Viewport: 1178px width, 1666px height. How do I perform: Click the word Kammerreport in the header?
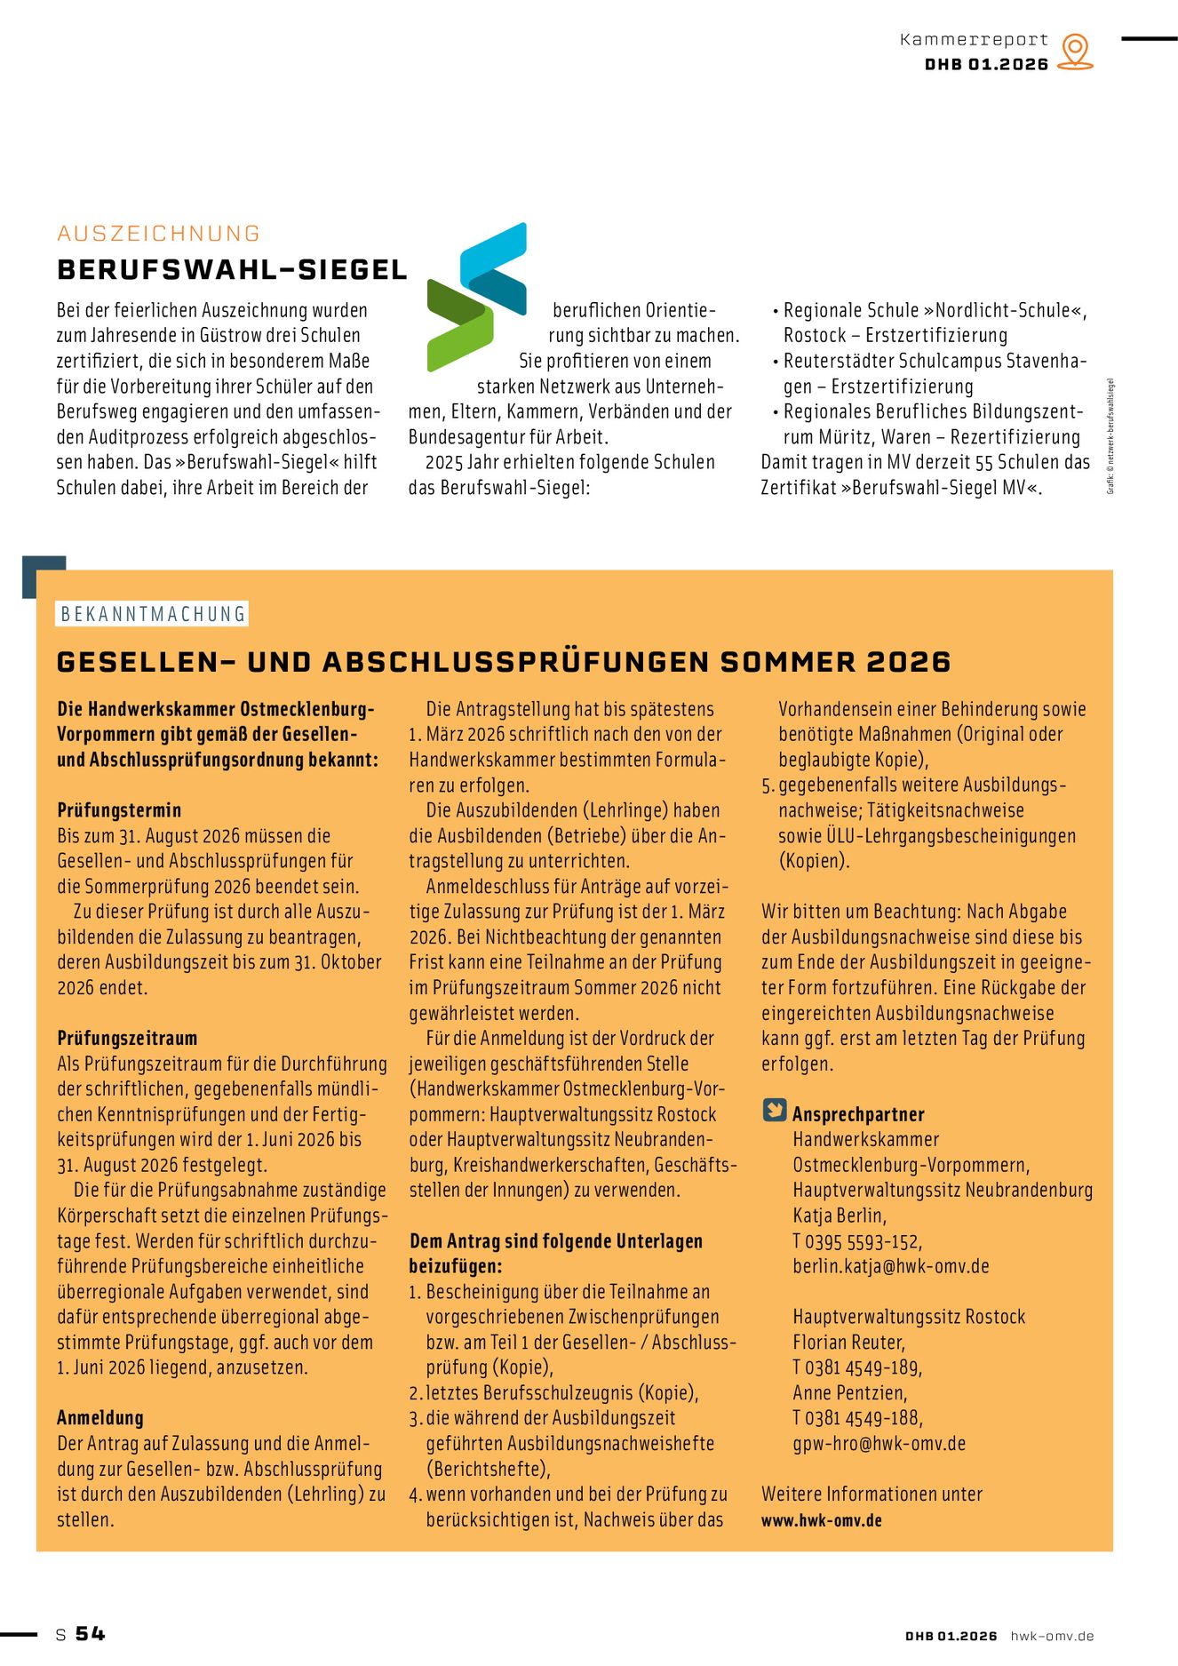pyautogui.click(x=974, y=39)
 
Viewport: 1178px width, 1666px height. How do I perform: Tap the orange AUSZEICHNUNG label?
pyautogui.click(x=158, y=234)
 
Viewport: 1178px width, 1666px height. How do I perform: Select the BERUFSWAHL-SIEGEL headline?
pyautogui.click(x=232, y=270)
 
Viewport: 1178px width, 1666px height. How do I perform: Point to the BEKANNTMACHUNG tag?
pyautogui.click(x=152, y=614)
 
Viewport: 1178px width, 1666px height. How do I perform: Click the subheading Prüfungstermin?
pyautogui.click(x=119, y=810)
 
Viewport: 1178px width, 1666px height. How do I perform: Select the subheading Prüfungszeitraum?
pyautogui.click(x=127, y=1038)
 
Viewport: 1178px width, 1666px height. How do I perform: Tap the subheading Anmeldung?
pyautogui.click(x=100, y=1418)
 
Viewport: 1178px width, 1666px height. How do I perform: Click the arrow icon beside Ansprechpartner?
pyautogui.click(x=775, y=1111)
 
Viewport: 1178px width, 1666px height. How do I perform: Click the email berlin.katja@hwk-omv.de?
pyautogui.click(x=890, y=1266)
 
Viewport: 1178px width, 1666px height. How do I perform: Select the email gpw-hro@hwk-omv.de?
pyautogui.click(x=879, y=1444)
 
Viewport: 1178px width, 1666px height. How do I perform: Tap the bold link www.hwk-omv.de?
pyautogui.click(x=821, y=1520)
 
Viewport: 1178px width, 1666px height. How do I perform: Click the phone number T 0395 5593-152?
pyautogui.click(x=857, y=1241)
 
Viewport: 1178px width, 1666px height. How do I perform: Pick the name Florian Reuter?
pyautogui.click(x=848, y=1343)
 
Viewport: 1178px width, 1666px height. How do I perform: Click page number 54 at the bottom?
pyautogui.click(x=90, y=1633)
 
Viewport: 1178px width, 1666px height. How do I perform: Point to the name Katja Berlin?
pyautogui.click(x=840, y=1216)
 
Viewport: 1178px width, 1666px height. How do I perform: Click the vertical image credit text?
pyautogui.click(x=1110, y=436)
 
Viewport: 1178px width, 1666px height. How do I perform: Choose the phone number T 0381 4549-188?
pyautogui.click(x=857, y=1418)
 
